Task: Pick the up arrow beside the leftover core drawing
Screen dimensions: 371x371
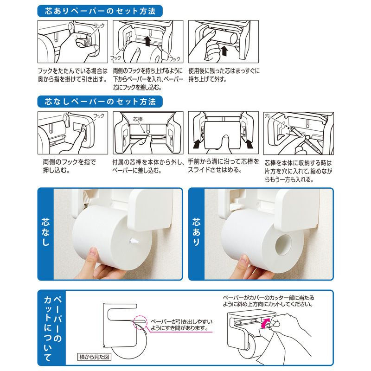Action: point(225,50)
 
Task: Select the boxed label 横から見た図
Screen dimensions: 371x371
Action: point(94,357)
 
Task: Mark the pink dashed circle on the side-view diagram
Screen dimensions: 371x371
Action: point(139,323)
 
